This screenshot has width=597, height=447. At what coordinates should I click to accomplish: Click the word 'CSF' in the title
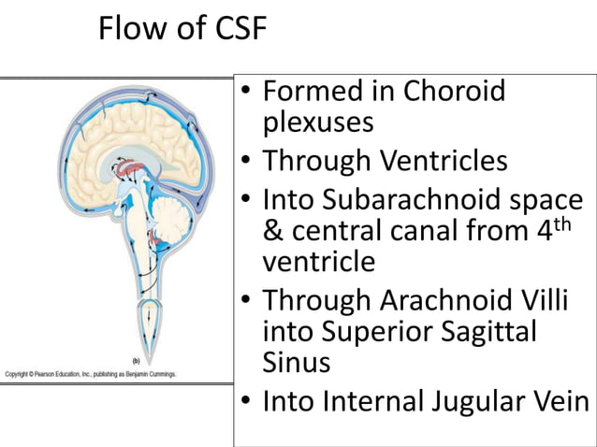[236, 31]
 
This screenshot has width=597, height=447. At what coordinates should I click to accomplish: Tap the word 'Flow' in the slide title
[132, 31]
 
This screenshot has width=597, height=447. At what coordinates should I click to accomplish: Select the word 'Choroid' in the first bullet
[455, 92]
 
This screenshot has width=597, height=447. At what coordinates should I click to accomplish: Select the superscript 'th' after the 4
[574, 223]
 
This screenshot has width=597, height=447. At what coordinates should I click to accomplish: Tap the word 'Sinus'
[297, 362]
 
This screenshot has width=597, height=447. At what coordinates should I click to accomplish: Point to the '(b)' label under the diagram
[137, 360]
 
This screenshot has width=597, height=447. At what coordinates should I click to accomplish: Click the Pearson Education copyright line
[91, 374]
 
